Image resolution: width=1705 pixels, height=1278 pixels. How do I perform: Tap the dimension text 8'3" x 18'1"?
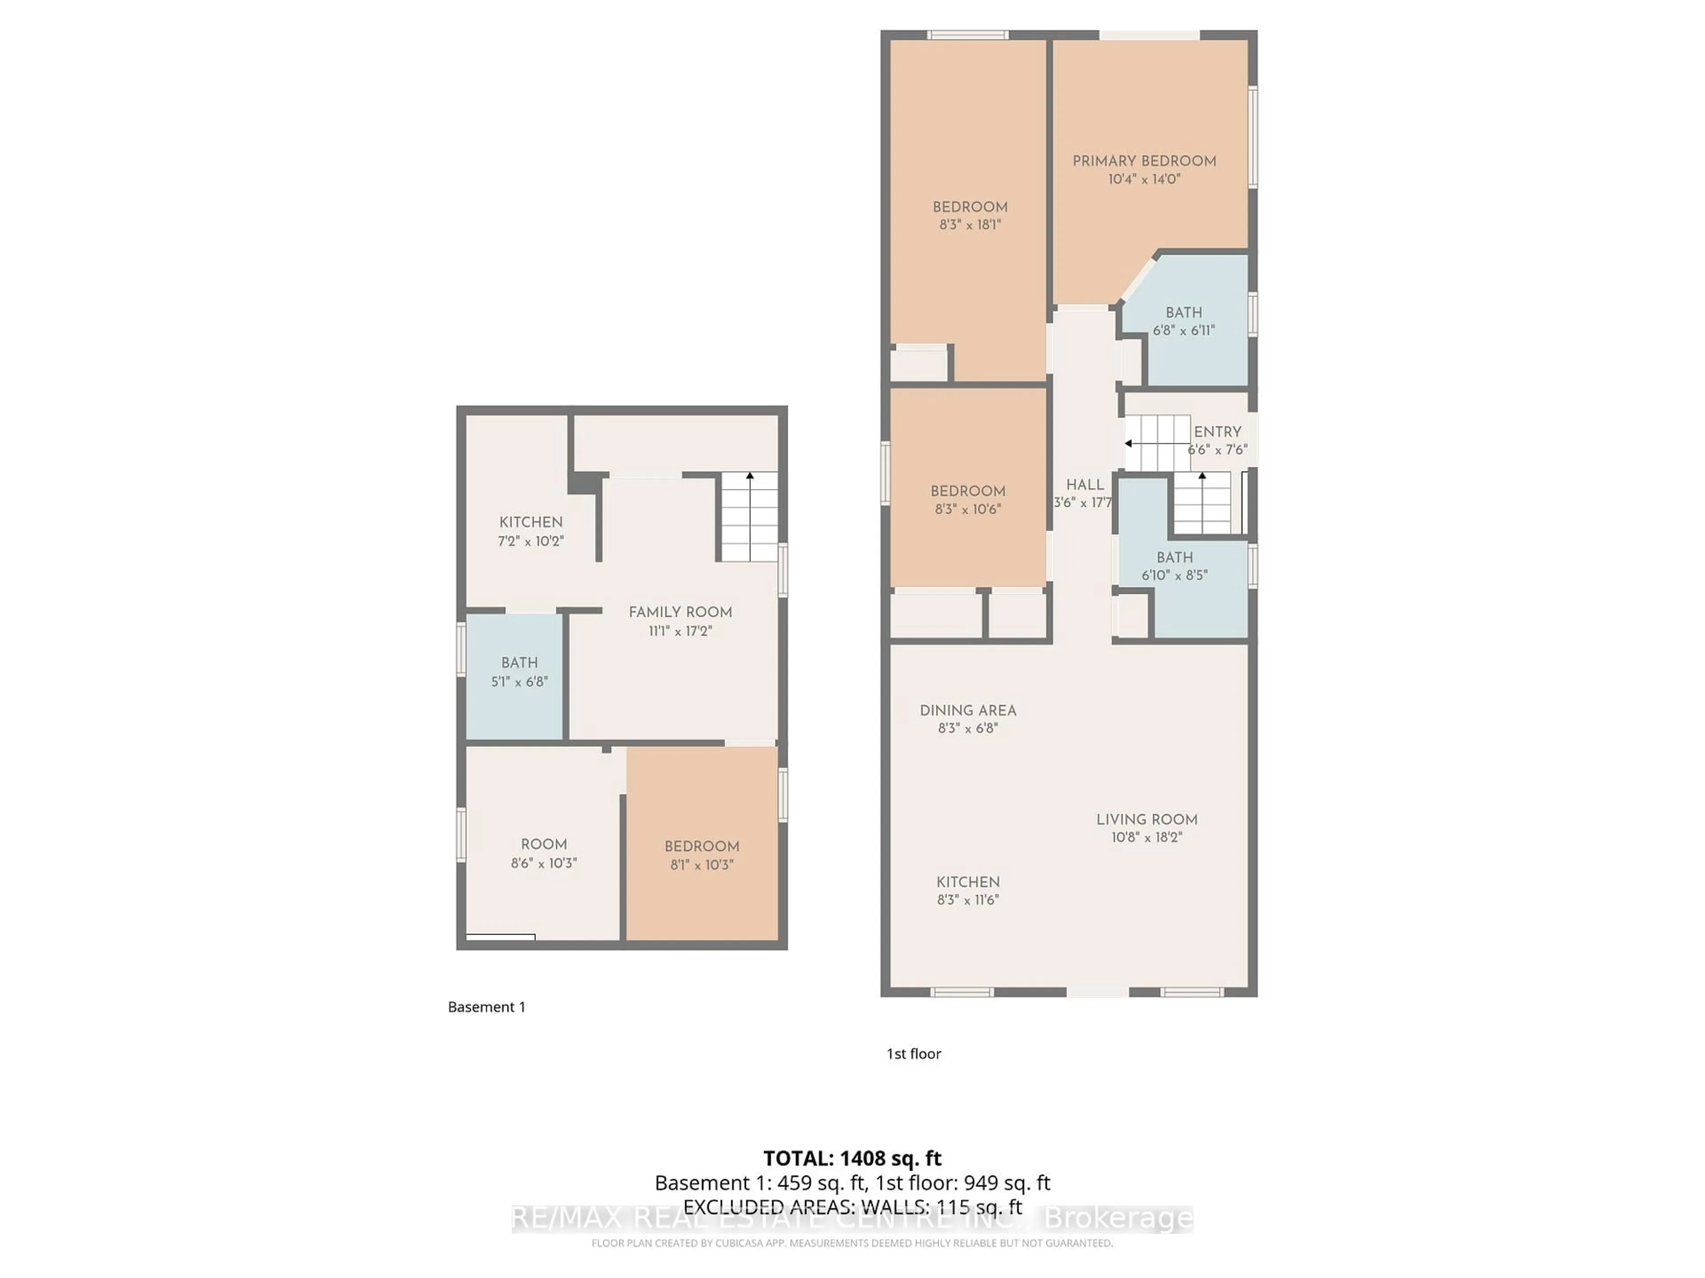pyautogui.click(x=970, y=225)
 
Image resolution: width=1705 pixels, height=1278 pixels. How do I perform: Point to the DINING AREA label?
pyautogui.click(x=967, y=710)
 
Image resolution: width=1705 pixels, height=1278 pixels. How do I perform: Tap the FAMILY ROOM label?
pyautogui.click(x=680, y=612)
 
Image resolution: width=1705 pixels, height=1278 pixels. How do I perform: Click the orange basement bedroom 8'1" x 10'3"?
pyautogui.click(x=702, y=855)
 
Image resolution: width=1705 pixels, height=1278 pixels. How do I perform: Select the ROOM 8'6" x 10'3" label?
pyautogui.click(x=543, y=844)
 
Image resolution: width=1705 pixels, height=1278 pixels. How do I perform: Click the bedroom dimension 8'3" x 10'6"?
pyautogui.click(x=967, y=509)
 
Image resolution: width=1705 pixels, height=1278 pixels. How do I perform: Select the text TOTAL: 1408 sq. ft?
pyautogui.click(x=852, y=1159)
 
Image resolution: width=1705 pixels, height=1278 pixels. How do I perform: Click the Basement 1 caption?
pyautogui.click(x=486, y=1007)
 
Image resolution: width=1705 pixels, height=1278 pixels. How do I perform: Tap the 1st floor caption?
pyautogui.click(x=913, y=1054)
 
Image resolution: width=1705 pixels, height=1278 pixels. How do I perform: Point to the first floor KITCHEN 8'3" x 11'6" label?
pyautogui.click(x=967, y=883)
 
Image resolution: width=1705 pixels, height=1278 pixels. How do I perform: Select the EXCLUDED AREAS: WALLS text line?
pyautogui.click(x=852, y=1207)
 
